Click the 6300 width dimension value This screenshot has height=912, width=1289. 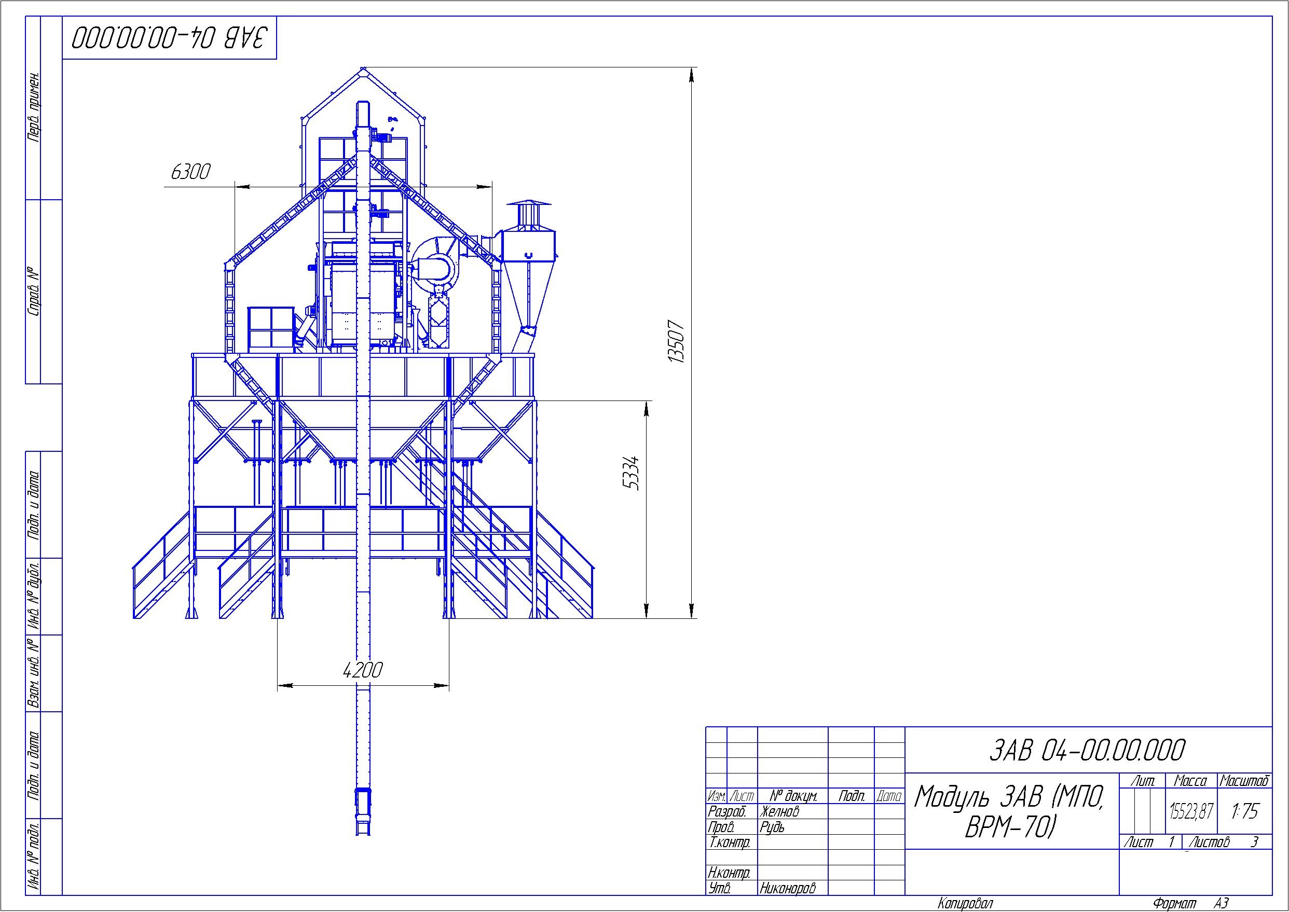[x=190, y=172]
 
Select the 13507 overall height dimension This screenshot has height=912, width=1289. [x=678, y=342]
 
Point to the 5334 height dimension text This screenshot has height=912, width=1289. [x=633, y=472]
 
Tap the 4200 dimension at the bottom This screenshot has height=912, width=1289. [x=363, y=670]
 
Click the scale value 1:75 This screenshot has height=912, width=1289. [x=1244, y=811]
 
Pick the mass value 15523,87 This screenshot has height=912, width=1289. [x=1191, y=811]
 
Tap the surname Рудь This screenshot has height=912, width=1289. [x=772, y=827]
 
